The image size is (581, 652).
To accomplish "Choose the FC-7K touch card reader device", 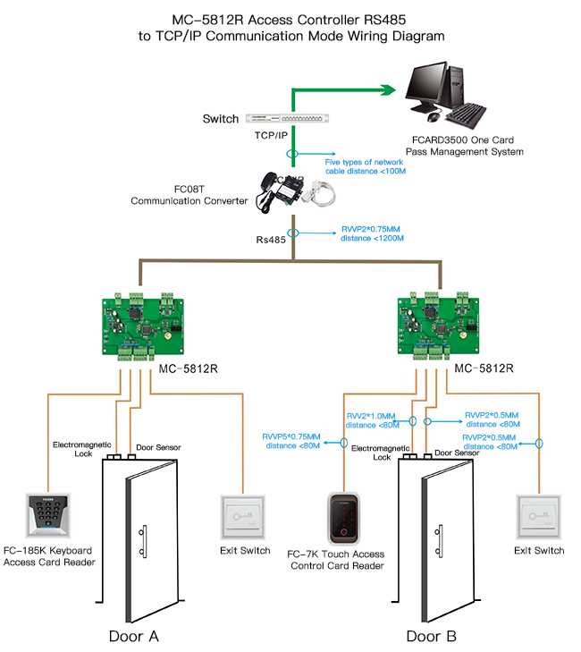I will pos(343,519).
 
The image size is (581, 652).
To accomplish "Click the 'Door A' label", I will pos(133,636).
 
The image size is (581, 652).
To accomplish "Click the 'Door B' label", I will pos(431,636).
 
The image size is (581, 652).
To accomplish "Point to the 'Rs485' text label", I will pos(272,240).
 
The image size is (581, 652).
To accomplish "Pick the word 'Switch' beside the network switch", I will pos(221,119).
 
